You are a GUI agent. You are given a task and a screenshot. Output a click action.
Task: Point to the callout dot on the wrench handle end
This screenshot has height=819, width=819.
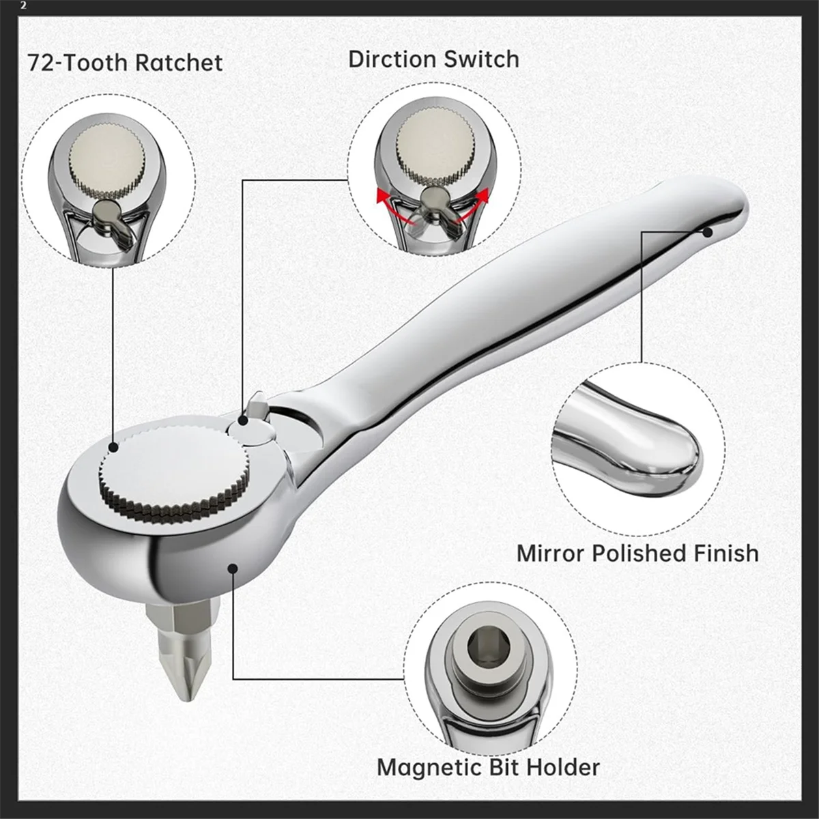[x=707, y=232]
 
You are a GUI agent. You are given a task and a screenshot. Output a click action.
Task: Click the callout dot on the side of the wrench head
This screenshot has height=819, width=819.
[x=233, y=568]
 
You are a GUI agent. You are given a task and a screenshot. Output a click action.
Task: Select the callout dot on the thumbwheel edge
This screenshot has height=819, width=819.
[x=113, y=447]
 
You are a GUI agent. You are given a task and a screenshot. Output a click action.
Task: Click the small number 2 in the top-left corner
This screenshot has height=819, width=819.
[x=24, y=5]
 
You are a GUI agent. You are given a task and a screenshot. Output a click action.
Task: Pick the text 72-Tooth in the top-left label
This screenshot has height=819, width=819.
[x=76, y=63]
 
